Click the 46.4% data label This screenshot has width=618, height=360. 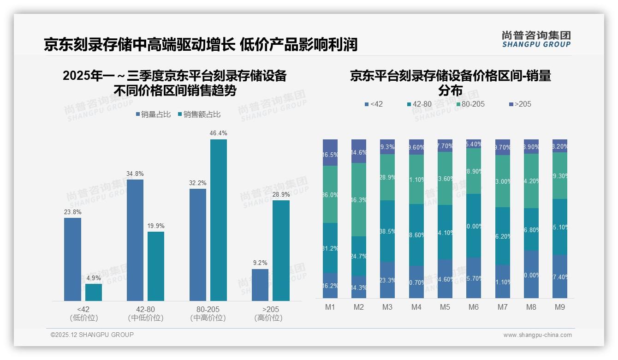click(219, 133)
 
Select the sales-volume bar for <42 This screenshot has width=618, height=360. click(72, 259)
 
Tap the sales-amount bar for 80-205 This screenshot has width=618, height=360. click(219, 220)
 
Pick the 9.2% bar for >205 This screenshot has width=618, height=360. click(260, 285)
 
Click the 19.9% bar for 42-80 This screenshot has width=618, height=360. click(156, 266)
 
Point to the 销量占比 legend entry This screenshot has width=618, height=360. click(155, 114)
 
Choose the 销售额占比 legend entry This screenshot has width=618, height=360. click(199, 114)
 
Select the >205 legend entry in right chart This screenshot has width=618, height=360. click(520, 104)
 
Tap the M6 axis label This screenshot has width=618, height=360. click(474, 307)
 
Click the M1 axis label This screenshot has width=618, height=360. click(330, 307)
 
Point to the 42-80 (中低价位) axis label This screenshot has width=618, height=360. click(145, 313)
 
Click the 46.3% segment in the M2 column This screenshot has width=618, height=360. click(359, 199)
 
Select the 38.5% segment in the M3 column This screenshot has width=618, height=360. click(387, 231)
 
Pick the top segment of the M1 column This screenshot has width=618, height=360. click(330, 152)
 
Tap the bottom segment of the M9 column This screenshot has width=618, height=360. click(560, 276)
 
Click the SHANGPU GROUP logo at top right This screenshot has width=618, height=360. click(536, 39)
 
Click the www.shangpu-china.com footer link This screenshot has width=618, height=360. click(537, 335)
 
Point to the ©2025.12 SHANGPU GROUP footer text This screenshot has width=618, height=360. click(92, 335)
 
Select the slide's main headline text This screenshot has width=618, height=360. click(201, 45)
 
